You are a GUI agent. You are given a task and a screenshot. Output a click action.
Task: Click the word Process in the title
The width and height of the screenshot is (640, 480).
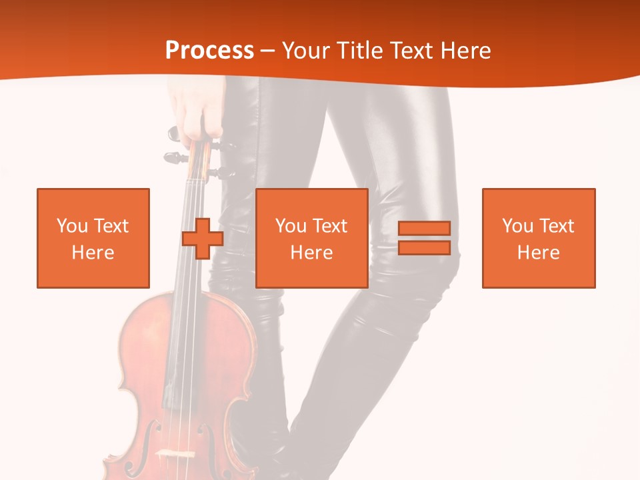pos(209,50)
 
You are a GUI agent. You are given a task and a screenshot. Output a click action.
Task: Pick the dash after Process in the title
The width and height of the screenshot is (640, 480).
pos(268,51)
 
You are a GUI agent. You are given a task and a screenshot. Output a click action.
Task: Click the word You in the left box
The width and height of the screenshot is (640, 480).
pos(71,226)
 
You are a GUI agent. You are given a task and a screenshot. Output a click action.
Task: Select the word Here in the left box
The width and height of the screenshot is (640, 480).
pos(93,253)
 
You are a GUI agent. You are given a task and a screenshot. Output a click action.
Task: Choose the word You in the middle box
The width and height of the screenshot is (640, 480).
pos(291,226)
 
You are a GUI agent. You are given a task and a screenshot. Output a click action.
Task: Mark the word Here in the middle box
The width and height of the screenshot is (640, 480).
pos(311,253)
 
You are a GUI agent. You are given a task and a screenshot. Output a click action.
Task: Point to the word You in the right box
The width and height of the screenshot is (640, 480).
pos(517,226)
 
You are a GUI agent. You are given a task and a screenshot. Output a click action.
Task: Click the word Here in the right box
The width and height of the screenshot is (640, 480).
pos(538,253)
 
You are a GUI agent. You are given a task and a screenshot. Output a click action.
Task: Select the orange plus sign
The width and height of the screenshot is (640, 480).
pos(203,238)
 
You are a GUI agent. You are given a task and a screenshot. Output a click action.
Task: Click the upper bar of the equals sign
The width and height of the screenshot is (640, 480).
pos(424,228)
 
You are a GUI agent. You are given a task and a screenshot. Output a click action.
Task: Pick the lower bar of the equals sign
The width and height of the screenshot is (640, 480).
pos(424,248)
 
